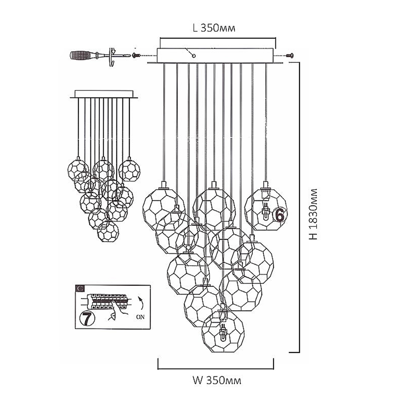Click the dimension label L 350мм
[214, 28]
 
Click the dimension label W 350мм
[217, 381]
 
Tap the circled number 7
[86, 318]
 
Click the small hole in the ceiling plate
[194, 55]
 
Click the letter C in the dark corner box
[80, 288]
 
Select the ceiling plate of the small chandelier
[104, 94]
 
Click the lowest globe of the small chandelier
[108, 231]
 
